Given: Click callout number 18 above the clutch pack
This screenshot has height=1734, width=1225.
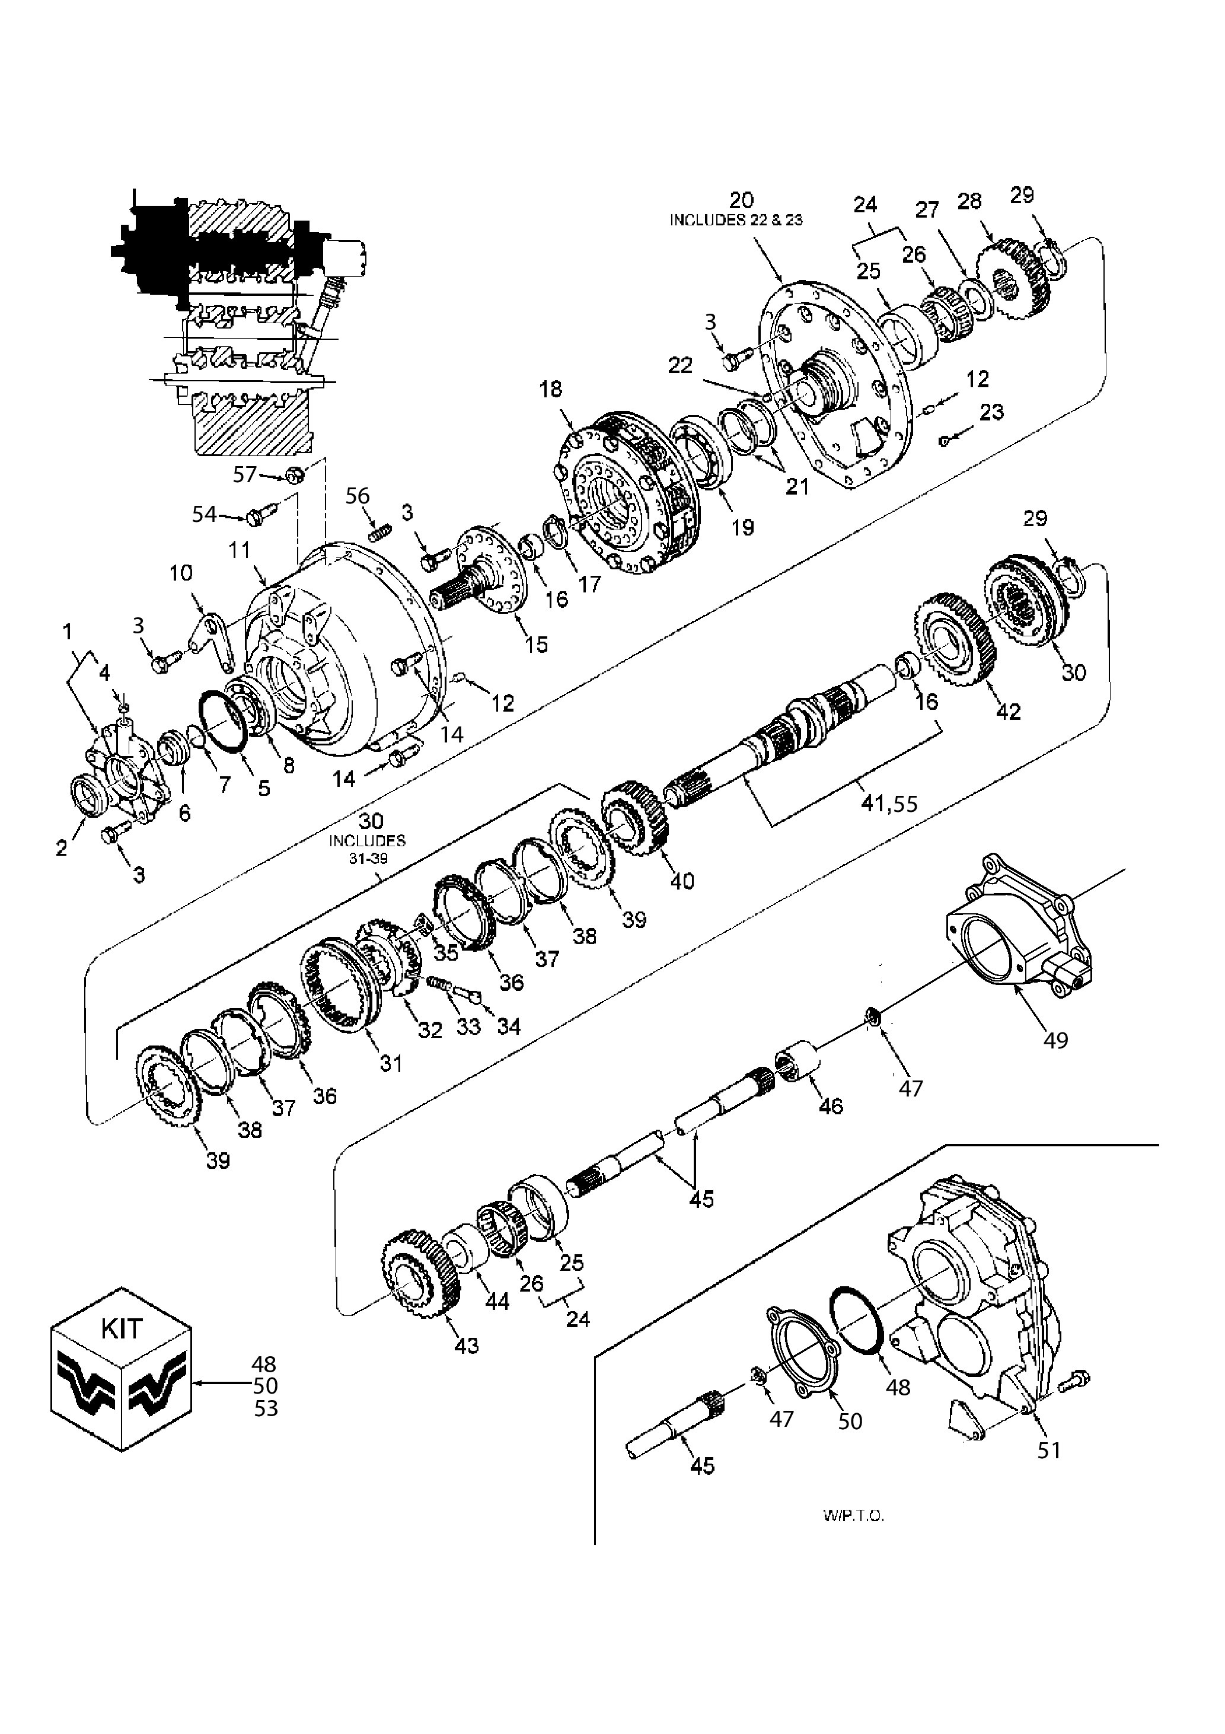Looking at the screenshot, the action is (x=551, y=390).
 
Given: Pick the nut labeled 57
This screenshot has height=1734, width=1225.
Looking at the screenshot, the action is (x=295, y=475).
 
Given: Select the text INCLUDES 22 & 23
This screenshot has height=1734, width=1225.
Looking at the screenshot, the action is (x=736, y=220).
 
